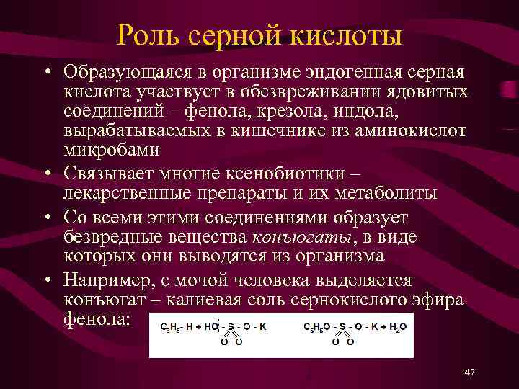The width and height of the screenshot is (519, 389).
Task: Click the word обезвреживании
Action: (x=319, y=92)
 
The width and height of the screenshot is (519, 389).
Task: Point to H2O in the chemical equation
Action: (x=397, y=326)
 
